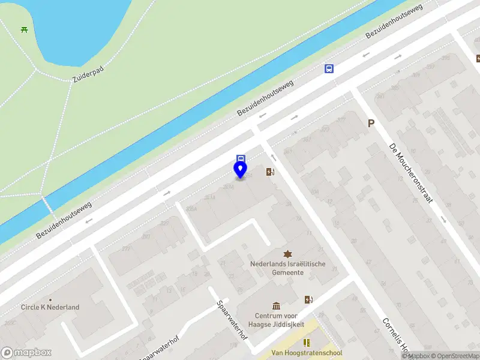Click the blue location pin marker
click(x=240, y=170)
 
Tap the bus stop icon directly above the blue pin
click(x=241, y=159)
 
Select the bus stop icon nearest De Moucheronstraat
click(x=329, y=68)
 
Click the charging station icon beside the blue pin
click(x=271, y=172)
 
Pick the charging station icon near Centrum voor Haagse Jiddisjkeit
click(x=308, y=299)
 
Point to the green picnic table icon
click(x=24, y=29)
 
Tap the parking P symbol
click(x=371, y=123)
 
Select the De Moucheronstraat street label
click(x=410, y=173)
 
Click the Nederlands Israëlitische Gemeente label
click(x=288, y=268)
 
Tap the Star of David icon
click(x=287, y=254)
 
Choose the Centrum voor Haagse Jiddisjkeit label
click(x=279, y=320)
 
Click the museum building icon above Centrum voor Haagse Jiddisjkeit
click(x=276, y=306)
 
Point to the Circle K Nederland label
click(x=50, y=307)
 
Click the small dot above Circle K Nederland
click(x=50, y=299)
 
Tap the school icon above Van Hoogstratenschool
click(x=307, y=343)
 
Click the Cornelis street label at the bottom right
click(x=396, y=334)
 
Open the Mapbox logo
click(x=26, y=353)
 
